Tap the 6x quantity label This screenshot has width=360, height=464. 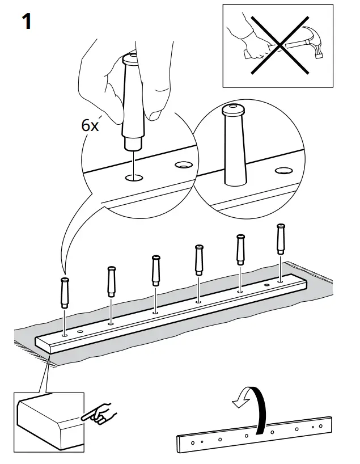pos(90,125)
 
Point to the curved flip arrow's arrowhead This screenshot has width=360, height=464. pos(238,404)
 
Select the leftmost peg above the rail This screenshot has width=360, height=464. pos(65,292)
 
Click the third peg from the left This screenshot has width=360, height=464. pos(155,271)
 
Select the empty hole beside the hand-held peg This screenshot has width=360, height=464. pos(183,165)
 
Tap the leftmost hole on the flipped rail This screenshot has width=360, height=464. pos(193,441)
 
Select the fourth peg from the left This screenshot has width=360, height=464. pos(198,259)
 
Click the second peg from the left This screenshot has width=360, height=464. pos(111,280)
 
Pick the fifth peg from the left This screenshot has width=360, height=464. pos(240,248)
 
